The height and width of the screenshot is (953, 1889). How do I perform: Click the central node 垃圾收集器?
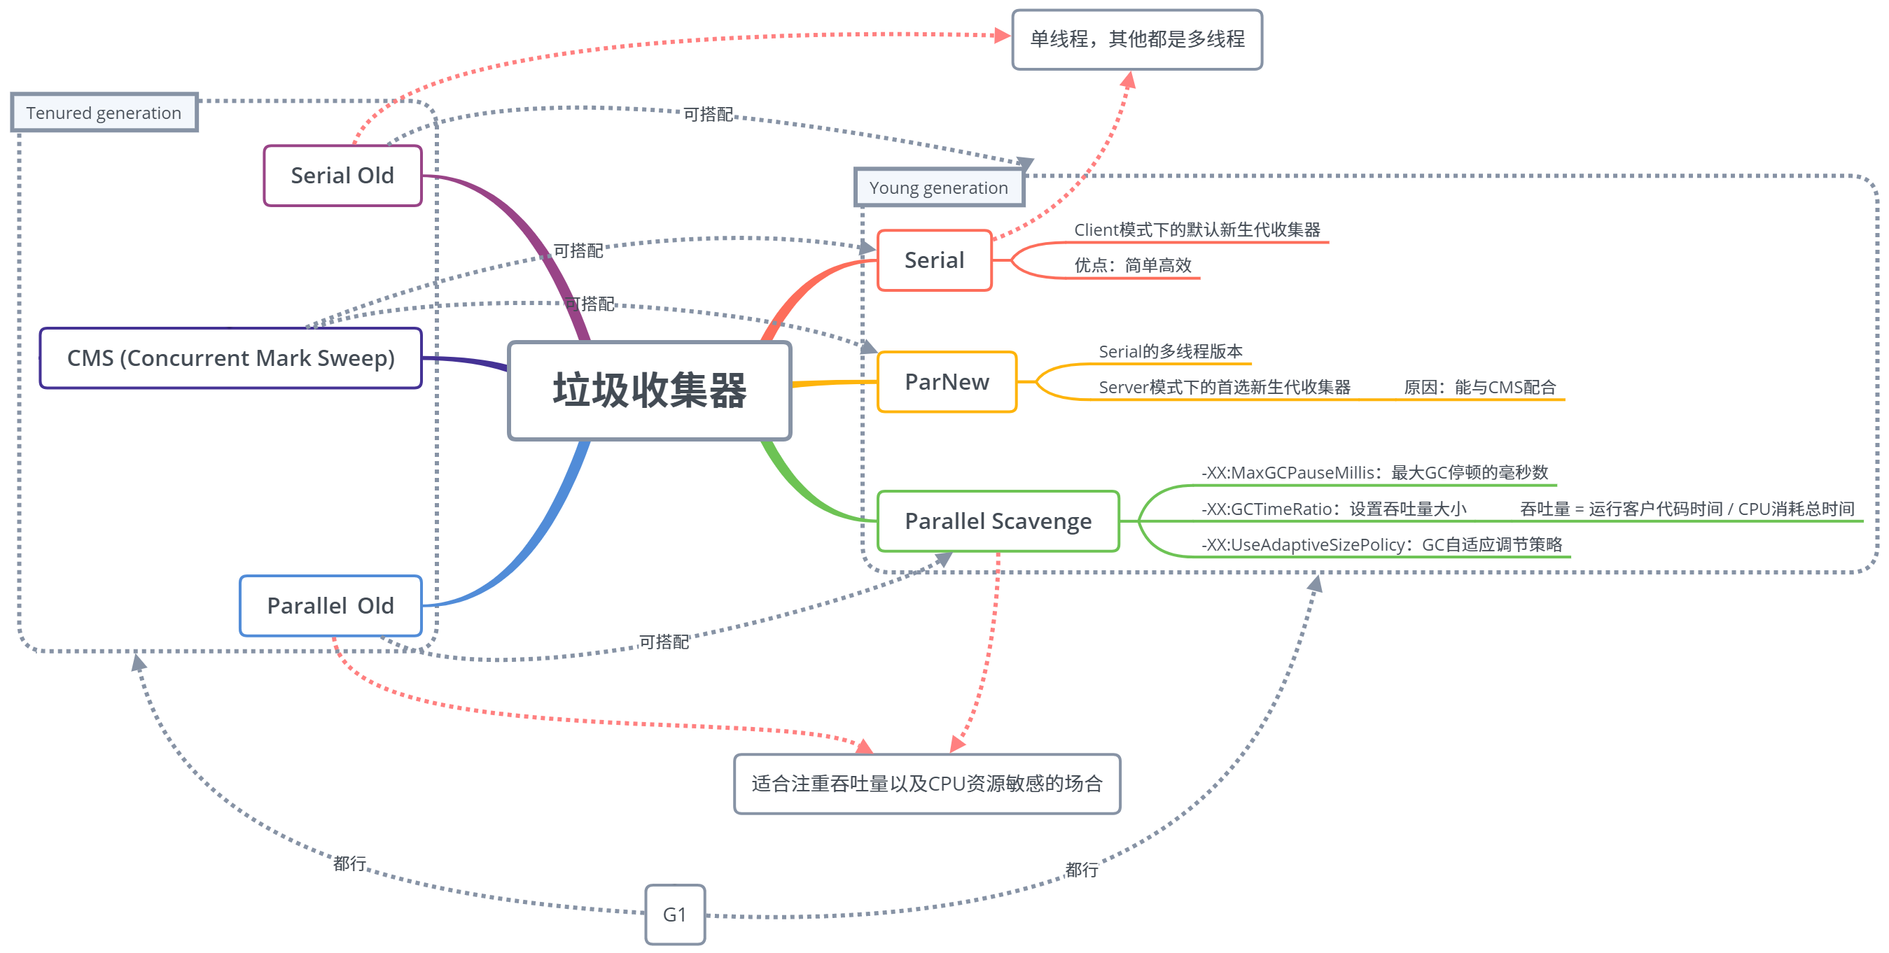650,390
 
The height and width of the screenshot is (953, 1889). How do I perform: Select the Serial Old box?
342,176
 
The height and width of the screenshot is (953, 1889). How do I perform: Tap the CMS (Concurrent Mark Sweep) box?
231,358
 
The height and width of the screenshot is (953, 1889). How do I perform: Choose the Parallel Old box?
330,605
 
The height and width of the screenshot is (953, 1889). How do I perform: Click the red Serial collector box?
934,260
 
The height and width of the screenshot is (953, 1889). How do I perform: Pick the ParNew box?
947,382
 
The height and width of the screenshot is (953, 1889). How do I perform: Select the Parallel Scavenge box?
998,521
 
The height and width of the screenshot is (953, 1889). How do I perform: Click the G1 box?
675,914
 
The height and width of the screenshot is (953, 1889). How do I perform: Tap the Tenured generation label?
104,113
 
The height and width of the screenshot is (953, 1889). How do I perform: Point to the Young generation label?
939,188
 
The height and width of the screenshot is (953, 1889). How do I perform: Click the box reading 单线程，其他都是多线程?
1136,40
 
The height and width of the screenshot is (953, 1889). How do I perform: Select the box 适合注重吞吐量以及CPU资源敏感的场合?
927,784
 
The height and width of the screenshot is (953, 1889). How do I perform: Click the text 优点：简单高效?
1133,265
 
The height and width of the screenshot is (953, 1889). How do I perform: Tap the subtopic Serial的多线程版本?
1171,351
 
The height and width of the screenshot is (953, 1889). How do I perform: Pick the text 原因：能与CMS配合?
1480,387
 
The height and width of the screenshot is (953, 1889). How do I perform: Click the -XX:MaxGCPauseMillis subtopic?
1374,472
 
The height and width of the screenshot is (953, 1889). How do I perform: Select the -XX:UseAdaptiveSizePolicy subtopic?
1381,544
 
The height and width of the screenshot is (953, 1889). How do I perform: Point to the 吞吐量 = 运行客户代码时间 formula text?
1687,509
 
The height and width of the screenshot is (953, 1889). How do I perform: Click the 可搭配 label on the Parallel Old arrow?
664,642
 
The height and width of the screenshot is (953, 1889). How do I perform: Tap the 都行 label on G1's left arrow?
350,863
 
